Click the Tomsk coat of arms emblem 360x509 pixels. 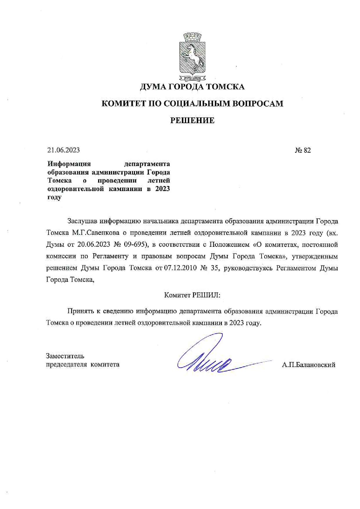192,57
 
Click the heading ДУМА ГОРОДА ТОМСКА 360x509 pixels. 192,87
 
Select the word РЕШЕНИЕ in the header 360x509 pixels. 192,120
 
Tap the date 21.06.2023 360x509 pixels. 64,150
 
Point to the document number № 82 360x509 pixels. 303,150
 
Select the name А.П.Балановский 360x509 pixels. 308,365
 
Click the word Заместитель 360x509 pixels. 65,356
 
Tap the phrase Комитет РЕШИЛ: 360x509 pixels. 192,295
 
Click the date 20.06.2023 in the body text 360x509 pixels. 93,244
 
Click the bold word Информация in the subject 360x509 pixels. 69,164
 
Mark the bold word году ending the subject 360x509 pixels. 54,197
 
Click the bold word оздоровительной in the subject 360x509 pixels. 75,189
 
